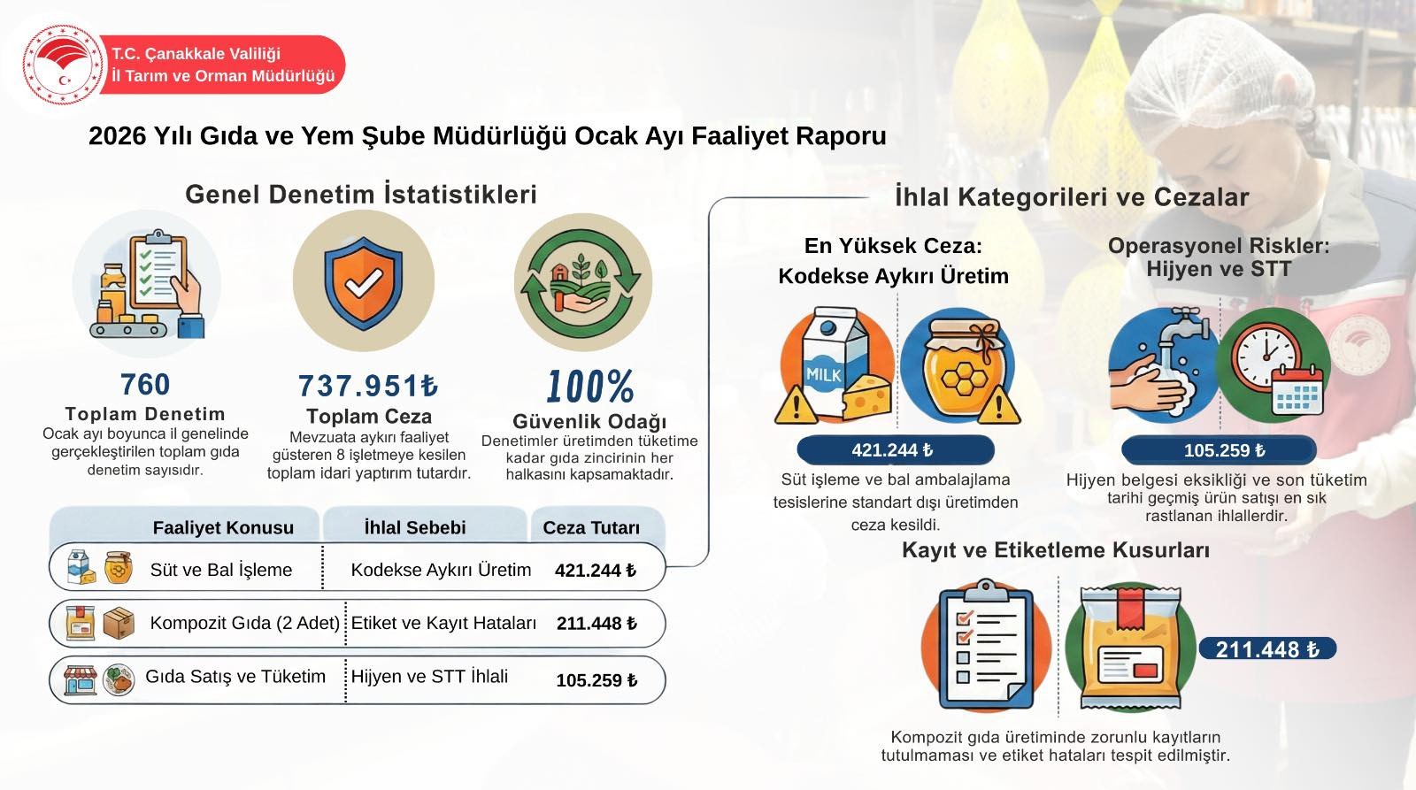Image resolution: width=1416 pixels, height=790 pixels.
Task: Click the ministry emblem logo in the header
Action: coord(63,65)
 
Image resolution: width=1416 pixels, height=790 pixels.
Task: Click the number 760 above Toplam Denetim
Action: coord(145,384)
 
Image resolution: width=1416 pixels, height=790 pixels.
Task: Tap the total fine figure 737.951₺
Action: coord(368,386)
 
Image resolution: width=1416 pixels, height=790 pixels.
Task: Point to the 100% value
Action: coord(589,386)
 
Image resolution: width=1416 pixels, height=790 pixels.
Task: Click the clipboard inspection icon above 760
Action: coord(147,284)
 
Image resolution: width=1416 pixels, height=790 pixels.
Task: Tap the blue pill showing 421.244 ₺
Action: coord(895,450)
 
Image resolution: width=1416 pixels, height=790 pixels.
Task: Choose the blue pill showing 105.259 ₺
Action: coord(1219,450)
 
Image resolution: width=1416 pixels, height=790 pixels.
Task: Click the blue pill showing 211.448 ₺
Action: coord(1267,649)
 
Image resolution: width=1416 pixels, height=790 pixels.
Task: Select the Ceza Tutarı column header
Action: coord(591,528)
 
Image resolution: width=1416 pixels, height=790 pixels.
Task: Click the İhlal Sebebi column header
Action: coord(415,528)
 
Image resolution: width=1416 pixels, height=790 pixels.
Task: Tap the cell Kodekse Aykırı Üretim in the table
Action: coord(441,570)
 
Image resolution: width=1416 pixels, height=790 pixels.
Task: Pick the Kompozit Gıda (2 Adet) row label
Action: coord(244,623)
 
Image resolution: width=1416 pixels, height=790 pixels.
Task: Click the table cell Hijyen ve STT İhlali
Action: coord(429,677)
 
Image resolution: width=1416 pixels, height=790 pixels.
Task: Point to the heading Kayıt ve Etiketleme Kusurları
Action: coord(1056,550)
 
